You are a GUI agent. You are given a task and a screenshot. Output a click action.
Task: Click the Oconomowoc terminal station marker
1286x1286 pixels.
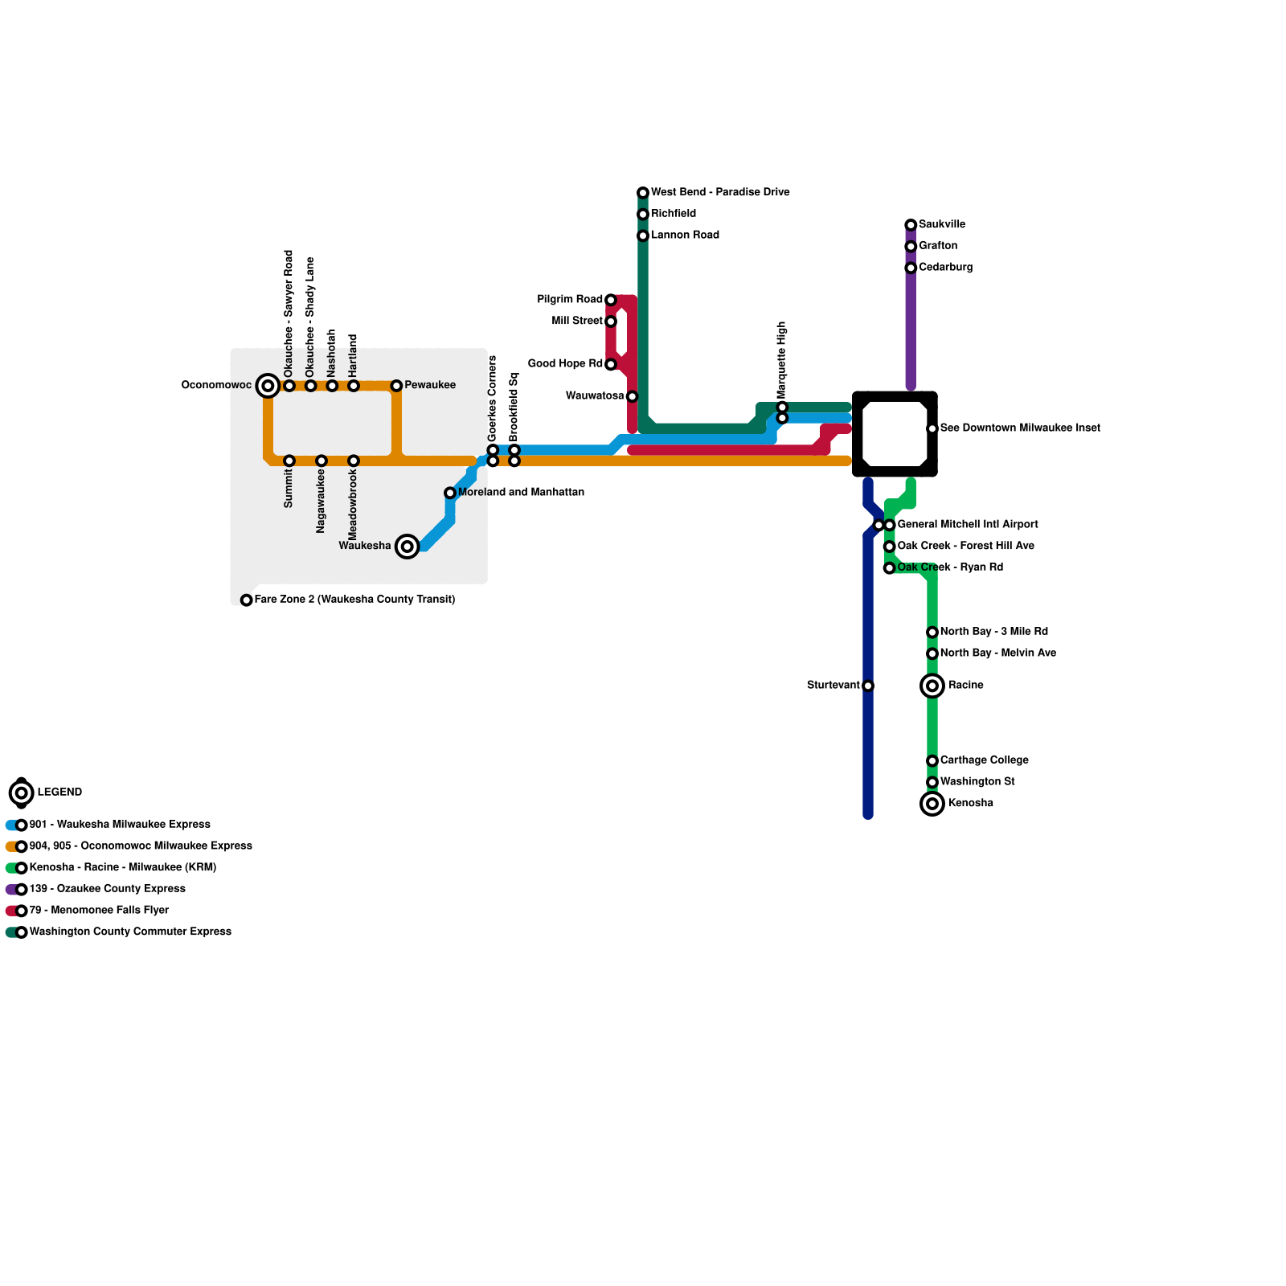[268, 386]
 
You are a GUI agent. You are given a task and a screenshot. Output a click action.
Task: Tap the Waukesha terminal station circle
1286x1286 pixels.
[408, 547]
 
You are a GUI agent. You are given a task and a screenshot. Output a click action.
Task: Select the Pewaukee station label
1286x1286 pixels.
[430, 385]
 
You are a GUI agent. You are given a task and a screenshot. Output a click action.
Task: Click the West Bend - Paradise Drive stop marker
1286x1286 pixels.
[643, 193]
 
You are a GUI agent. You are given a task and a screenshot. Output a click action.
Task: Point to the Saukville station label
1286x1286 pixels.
[942, 224]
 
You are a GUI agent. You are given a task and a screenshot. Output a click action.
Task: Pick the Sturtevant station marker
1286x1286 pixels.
[868, 686]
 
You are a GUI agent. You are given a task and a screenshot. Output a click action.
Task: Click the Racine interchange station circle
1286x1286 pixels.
[932, 686]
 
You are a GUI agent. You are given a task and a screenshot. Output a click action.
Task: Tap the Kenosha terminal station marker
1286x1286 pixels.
[932, 804]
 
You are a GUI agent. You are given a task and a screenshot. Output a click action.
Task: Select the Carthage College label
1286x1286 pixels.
[984, 760]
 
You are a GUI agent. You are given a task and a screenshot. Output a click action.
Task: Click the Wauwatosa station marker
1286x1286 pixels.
[633, 396]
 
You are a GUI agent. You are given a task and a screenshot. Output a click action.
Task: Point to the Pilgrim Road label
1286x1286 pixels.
[570, 300]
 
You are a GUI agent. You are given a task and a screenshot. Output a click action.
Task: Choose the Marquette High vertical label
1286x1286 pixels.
[782, 359]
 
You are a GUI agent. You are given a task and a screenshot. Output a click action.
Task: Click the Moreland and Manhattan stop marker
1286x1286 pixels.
[450, 493]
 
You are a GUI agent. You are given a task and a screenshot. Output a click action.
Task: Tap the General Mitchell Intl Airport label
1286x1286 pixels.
[968, 525]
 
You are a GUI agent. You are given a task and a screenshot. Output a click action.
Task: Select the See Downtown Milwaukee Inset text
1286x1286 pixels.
[1020, 428]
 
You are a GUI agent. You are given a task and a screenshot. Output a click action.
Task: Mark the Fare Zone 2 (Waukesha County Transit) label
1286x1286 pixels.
[354, 600]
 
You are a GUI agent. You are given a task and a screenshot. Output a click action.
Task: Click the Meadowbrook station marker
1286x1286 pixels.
[354, 461]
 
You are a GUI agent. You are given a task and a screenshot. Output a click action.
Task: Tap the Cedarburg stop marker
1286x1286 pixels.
[911, 268]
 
